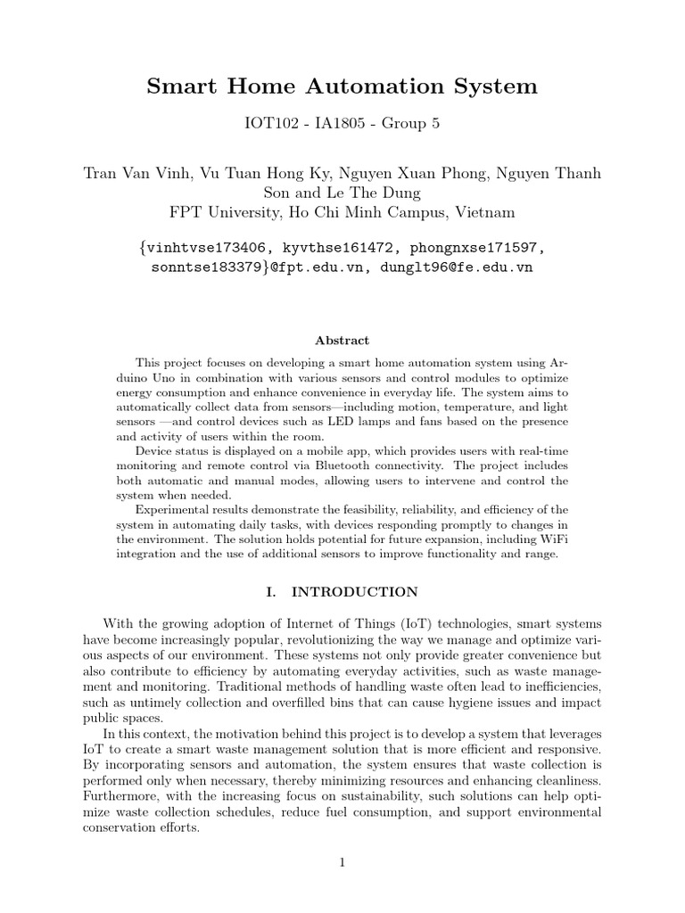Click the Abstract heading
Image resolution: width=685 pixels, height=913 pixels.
pyautogui.click(x=342, y=340)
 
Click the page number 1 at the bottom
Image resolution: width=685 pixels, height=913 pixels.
pyautogui.click(x=342, y=862)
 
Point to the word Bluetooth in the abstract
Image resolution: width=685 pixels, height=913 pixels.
pyautogui.click(x=390, y=466)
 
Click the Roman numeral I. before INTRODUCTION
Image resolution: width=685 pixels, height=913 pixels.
pyautogui.click(x=282, y=592)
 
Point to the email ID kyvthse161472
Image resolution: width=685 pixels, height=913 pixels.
pyautogui.click(x=342, y=247)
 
